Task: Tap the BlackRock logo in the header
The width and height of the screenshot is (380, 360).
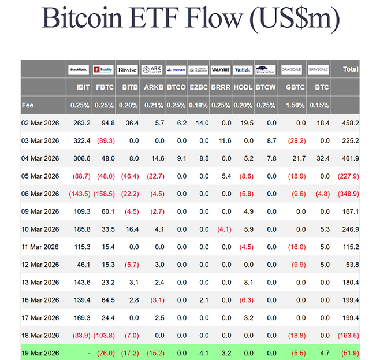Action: [79, 69]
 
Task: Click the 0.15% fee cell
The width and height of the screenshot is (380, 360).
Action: [319, 105]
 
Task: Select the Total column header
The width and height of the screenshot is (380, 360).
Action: [350, 69]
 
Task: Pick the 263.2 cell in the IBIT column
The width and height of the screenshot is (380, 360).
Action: [82, 123]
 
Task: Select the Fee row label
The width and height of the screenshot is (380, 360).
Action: [28, 105]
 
